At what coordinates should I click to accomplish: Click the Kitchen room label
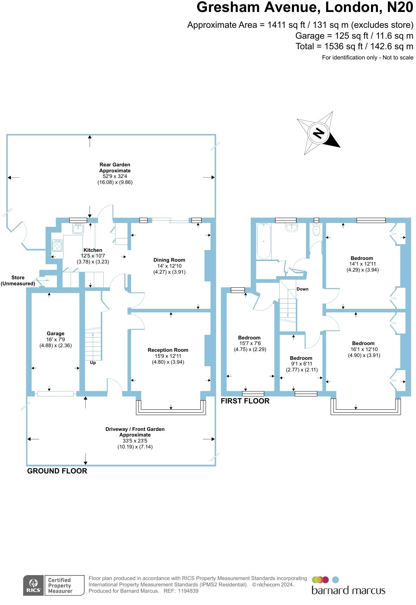point(93,250)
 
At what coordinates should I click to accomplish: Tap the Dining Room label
point(169,260)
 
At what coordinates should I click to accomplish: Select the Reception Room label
point(168,350)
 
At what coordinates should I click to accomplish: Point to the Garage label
point(56,333)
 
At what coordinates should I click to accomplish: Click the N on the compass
point(319,133)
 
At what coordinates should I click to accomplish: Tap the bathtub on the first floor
point(264,241)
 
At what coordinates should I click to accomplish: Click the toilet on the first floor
point(316,230)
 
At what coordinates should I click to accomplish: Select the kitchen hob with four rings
point(57,245)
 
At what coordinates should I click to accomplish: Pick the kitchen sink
point(78,229)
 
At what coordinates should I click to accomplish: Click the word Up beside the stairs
point(93,363)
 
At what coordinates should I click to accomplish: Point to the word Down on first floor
point(303,289)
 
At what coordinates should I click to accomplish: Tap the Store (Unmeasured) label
point(18,280)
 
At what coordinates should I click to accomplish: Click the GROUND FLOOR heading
point(57,471)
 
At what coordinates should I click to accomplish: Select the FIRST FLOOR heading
point(245,401)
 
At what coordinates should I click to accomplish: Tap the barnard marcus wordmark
point(348,590)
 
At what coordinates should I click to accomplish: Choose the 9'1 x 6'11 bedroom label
point(301,364)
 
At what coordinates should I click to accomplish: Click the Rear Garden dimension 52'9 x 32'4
point(115,176)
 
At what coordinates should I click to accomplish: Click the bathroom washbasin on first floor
point(292,228)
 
